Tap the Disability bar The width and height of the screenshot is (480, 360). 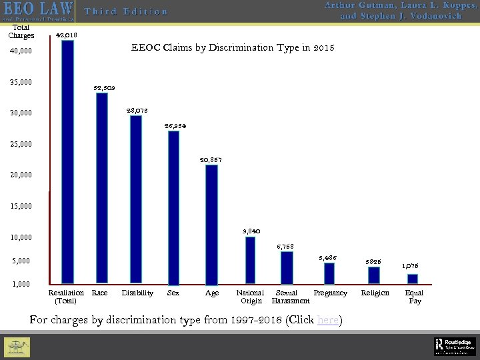point(136,199)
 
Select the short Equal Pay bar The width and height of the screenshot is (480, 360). point(413,279)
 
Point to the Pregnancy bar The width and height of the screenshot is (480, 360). point(329,273)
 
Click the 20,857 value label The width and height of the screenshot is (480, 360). point(211,160)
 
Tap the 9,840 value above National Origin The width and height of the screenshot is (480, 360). point(251,231)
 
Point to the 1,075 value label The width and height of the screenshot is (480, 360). point(410,265)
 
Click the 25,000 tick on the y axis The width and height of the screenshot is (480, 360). point(21,144)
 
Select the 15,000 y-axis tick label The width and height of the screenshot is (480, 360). point(21,206)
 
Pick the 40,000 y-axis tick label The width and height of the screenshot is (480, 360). point(21,51)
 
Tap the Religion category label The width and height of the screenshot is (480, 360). point(373,293)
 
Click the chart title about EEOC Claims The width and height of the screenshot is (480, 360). point(233,48)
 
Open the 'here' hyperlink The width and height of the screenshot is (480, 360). point(327,319)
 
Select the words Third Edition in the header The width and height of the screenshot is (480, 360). point(126,11)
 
